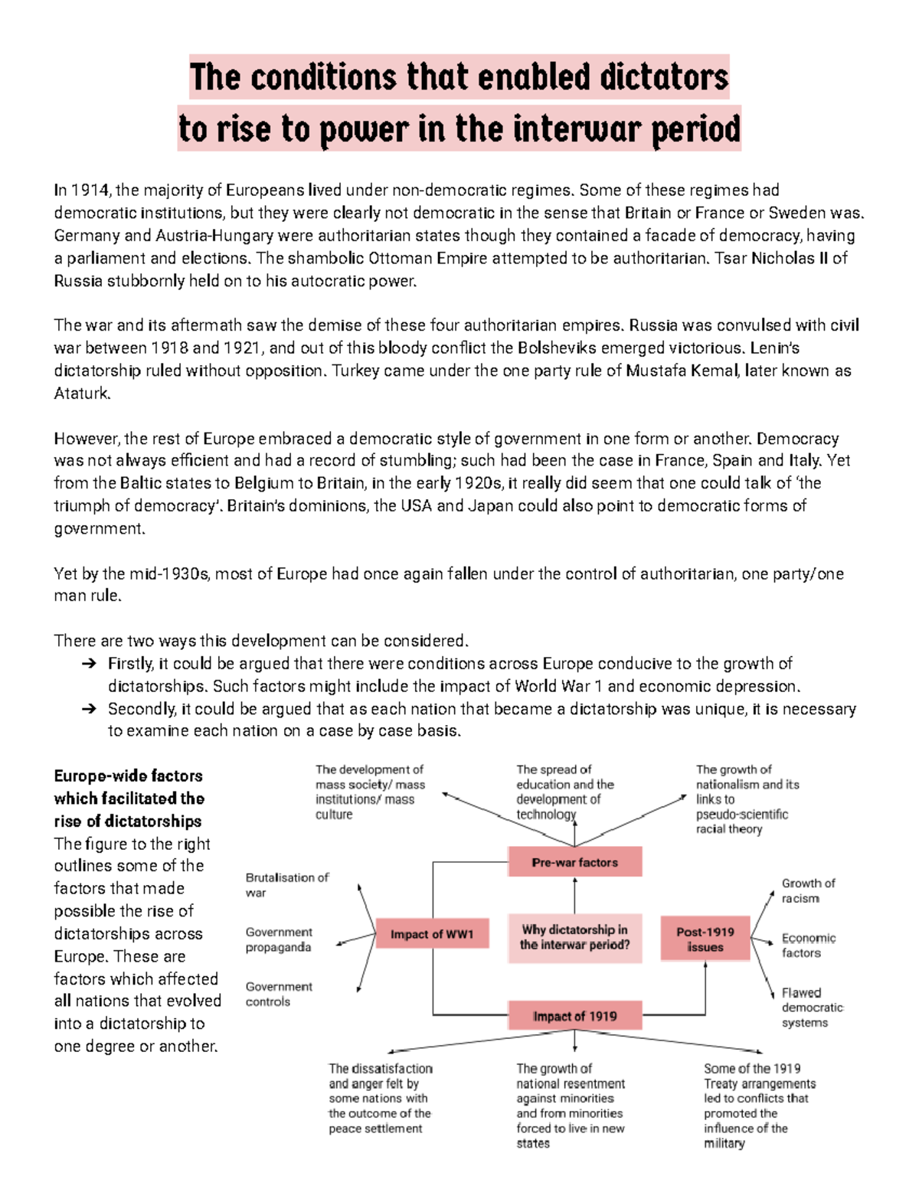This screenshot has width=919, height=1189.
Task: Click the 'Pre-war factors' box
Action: pos(574,862)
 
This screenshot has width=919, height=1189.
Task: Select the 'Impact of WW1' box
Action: pos(432,934)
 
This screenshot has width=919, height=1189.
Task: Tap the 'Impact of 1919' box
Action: pos(574,1016)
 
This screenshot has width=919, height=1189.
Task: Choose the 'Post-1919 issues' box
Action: pos(705,939)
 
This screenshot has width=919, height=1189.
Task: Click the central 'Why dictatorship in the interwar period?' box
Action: pos(574,937)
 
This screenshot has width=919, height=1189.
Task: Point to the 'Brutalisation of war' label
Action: pos(286,885)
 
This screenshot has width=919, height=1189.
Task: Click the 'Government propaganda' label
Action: pos(279,939)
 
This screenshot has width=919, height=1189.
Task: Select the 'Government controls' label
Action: pos(279,994)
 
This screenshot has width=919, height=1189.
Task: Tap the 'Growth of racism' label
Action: pos(808,890)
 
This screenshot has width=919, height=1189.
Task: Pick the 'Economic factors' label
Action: pos(808,946)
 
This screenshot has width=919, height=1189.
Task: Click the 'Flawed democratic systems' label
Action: pos(811,1008)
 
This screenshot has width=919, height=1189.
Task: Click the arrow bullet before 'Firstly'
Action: pos(88,664)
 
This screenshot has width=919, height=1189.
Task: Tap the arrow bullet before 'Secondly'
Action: pos(88,709)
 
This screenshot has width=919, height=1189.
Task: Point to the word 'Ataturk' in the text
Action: pos(82,394)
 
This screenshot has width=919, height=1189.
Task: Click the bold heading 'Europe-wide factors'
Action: pos(128,776)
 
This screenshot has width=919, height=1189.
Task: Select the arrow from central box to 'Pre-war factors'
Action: pos(574,894)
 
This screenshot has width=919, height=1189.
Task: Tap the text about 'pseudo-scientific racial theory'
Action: pos(741,822)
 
